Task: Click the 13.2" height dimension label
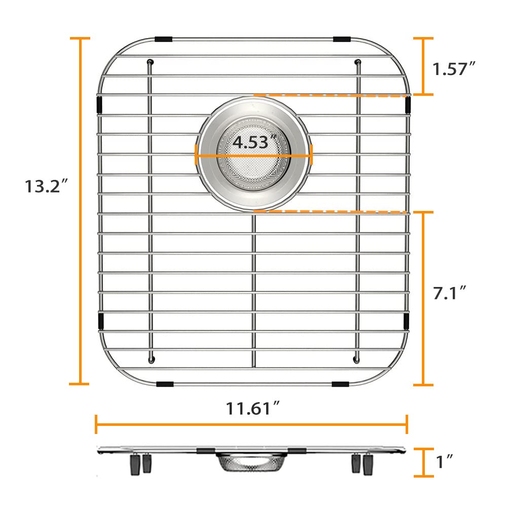(47, 186)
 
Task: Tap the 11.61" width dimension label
(252, 408)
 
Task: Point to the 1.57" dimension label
(454, 68)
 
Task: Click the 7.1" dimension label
(449, 293)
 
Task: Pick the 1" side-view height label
(444, 461)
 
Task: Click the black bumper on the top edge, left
(163, 39)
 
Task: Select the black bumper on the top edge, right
(342, 39)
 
